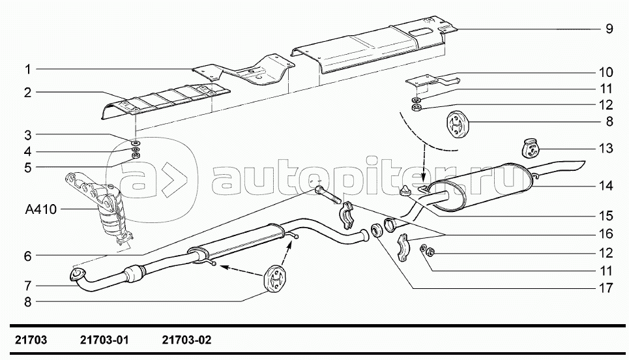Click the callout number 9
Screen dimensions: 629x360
pyautogui.click(x=608, y=29)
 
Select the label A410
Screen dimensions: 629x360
pyautogui.click(x=41, y=209)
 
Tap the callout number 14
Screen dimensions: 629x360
pyautogui.click(x=606, y=186)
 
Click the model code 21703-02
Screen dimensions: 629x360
pyautogui.click(x=186, y=340)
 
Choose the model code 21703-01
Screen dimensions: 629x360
pyautogui.click(x=105, y=340)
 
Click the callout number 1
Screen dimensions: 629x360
pyautogui.click(x=28, y=68)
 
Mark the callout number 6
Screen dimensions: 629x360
pyautogui.click(x=28, y=256)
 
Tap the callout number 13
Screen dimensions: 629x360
pyautogui.click(x=606, y=149)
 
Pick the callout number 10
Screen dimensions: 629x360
pyautogui.click(x=606, y=72)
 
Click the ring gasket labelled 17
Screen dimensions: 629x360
pyautogui.click(x=376, y=230)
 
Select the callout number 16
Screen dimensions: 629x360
pyautogui.click(x=606, y=233)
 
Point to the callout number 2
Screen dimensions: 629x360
pyautogui.click(x=28, y=93)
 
